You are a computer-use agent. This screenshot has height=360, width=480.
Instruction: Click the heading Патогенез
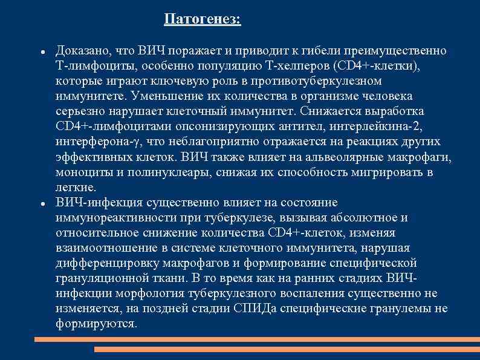[202, 20]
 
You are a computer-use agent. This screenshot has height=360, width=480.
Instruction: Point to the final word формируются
[96, 324]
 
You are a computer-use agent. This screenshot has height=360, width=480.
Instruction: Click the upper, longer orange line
[257, 340]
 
